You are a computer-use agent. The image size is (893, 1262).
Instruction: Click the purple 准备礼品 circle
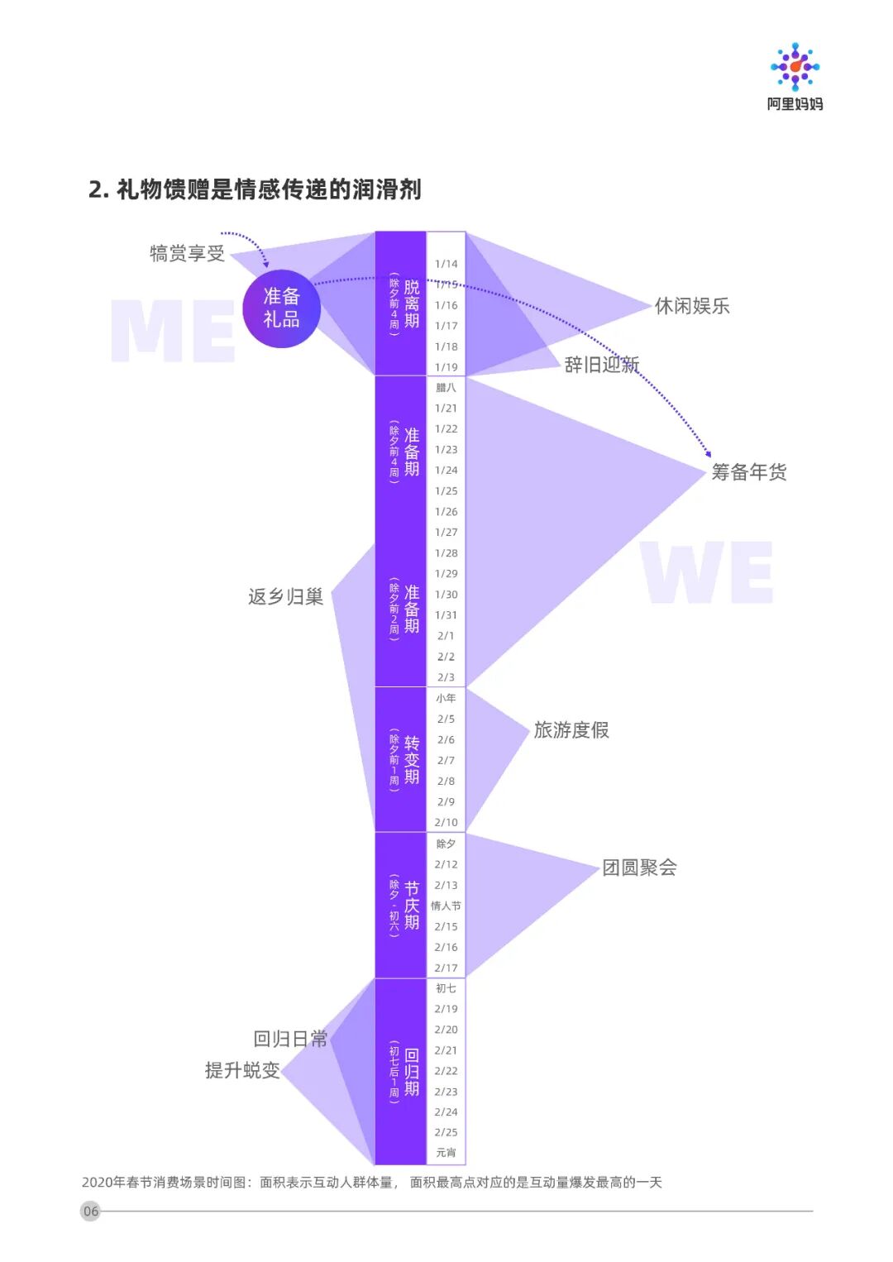(281, 308)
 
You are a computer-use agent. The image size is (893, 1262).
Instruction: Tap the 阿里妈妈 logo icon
(795, 66)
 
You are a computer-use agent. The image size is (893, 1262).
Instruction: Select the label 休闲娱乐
(692, 306)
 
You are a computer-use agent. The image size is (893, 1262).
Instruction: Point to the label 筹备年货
(749, 472)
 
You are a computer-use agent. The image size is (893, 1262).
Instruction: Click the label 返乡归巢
(285, 596)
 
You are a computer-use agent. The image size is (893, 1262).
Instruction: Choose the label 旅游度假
(571, 730)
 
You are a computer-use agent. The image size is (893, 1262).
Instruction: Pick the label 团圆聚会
(639, 868)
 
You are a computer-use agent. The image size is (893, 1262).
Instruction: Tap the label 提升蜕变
(242, 1070)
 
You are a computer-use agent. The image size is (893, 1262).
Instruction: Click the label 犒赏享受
(187, 254)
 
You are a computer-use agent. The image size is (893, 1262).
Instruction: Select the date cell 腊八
(446, 387)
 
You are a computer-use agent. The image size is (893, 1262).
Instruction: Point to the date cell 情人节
(446, 906)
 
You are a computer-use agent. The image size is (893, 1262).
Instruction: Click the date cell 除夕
(446, 844)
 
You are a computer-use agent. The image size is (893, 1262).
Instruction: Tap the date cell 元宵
(446, 1153)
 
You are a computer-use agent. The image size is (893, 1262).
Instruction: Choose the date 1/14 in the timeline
(446, 264)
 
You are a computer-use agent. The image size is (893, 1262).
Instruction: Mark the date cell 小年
(446, 698)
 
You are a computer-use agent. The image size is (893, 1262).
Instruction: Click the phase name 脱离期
(412, 304)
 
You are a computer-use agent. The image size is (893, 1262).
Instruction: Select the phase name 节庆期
(412, 906)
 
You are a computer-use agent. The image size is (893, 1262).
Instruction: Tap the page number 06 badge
(91, 1211)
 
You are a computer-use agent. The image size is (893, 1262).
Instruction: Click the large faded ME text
(173, 331)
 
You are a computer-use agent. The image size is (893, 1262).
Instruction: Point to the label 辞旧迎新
(602, 365)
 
